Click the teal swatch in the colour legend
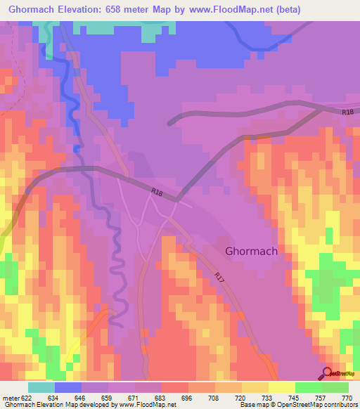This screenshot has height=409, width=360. pos(41,387)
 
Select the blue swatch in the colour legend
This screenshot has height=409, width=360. pos(68,387)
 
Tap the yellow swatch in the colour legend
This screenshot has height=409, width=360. pos(281,387)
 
